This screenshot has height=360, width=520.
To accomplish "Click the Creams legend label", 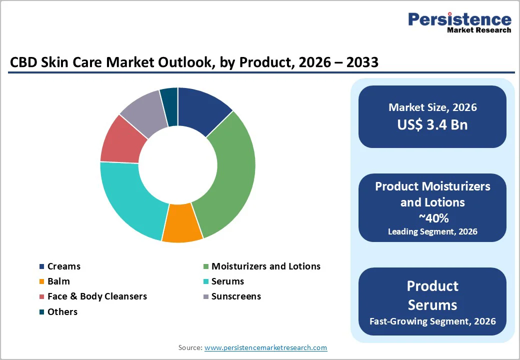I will (63, 266).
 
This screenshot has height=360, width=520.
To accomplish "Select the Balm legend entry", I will (58, 281).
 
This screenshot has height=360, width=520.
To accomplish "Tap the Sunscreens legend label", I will (236, 296).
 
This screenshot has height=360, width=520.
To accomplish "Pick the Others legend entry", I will (62, 312).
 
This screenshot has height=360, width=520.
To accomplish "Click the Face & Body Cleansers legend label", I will (97, 296).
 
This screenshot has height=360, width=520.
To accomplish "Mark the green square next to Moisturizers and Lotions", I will (206, 266).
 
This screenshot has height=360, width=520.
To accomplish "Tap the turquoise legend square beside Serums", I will (206, 281).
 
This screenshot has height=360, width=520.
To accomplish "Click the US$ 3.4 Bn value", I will (432, 124).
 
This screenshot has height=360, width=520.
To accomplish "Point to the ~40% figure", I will (432, 218).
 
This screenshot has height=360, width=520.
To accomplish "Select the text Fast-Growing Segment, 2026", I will (432, 321).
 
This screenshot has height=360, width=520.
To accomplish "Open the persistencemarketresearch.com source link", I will (265, 347).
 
